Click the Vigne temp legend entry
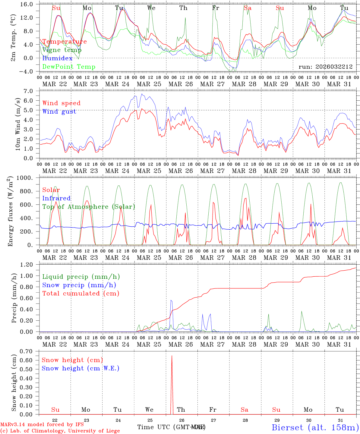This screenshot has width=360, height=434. pos(62,50)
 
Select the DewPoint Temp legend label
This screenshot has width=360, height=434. pos(69,67)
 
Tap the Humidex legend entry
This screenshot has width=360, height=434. pos(57,58)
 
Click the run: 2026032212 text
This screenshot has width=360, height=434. pos(325,67)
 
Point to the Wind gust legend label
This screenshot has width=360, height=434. pos(59,112)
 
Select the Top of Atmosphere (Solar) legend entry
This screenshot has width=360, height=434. pos(88,207)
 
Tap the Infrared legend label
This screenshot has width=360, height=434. pos(56,198)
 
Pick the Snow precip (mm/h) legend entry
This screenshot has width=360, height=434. pos(79,285)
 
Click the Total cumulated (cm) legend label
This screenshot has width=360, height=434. pos(81,294)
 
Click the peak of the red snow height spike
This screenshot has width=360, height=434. pos(172,356)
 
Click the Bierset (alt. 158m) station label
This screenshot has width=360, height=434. pos(315,427)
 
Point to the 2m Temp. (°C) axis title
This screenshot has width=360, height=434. pos(13,38)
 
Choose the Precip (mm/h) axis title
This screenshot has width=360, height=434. pos(14,298)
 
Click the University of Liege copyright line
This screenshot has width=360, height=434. pos(60,431)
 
